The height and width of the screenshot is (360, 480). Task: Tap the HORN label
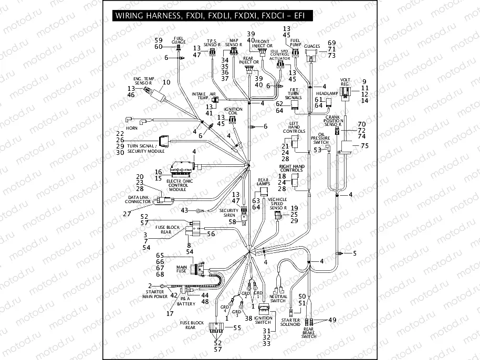pos(132,128)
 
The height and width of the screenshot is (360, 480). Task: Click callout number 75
pos(364,146)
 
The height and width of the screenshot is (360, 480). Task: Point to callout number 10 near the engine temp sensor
pos(166,82)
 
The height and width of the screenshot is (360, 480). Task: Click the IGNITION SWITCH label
pos(263,320)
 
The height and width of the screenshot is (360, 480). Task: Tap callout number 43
pos(184,210)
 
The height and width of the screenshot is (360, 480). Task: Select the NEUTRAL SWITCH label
pos(278,299)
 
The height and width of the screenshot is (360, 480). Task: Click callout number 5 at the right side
pos(354,253)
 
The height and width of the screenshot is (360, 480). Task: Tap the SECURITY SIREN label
pos(229,213)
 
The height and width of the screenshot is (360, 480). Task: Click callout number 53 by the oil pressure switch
pos(317,150)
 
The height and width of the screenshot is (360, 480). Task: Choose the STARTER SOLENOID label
pos(290,322)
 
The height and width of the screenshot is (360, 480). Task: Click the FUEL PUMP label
pos(295,43)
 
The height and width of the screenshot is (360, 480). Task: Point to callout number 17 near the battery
pos(170,313)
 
